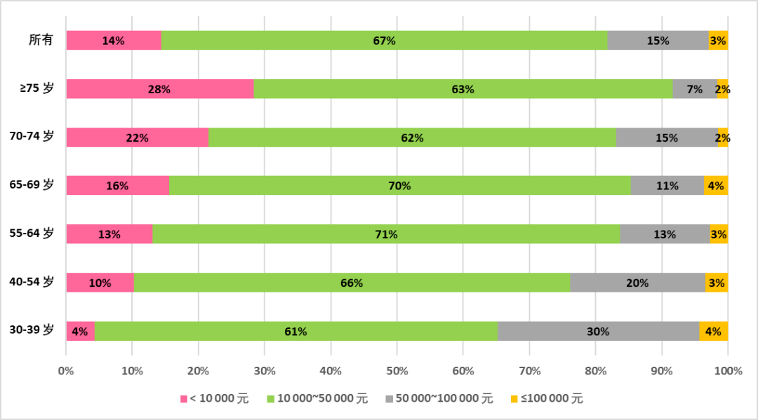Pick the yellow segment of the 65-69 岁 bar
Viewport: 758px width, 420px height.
click(716, 186)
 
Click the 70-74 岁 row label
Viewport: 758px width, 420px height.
click(32, 137)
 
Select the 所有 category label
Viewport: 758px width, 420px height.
click(41, 41)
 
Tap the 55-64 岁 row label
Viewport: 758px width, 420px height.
click(32, 234)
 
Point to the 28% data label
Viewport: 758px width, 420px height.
click(159, 90)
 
